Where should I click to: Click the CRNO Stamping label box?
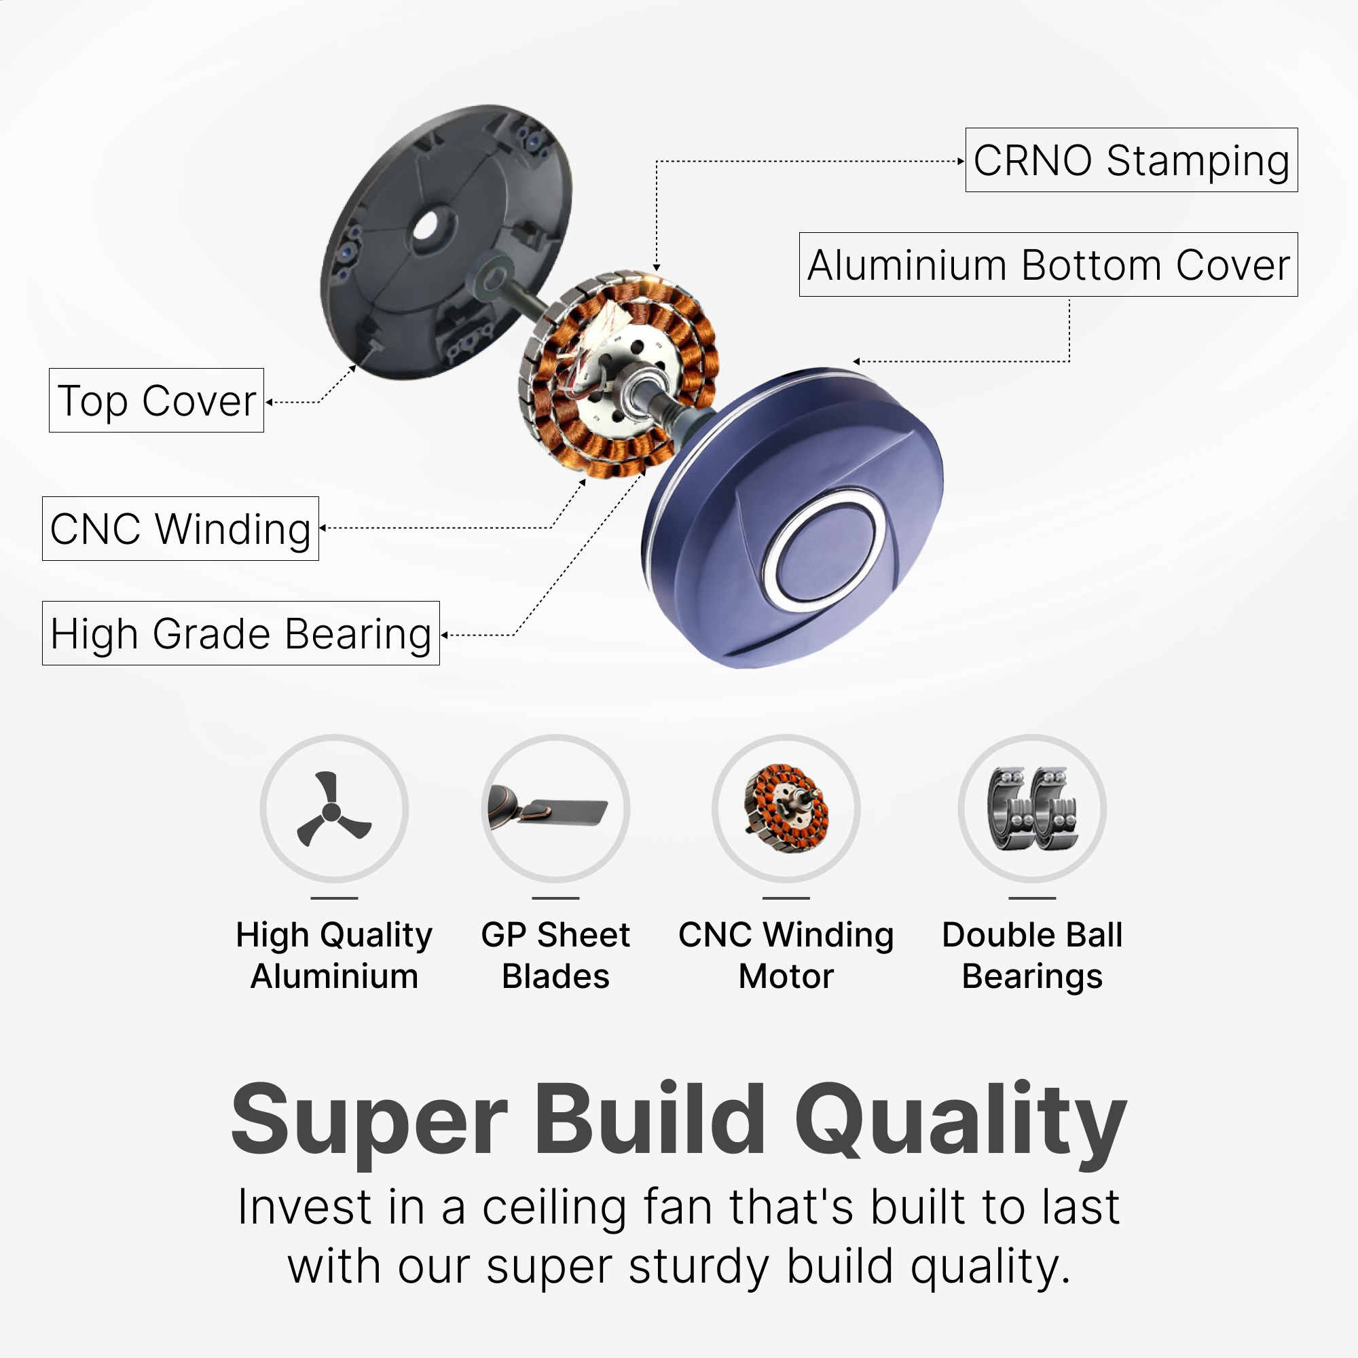pos(1131,160)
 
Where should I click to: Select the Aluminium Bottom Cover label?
pos(1048,264)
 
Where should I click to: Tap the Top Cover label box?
pos(156,400)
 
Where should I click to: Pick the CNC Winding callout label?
pos(180,528)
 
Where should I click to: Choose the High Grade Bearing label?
pos(240,634)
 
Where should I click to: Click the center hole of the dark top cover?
pos(426,226)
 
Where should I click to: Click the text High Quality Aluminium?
pos(334,955)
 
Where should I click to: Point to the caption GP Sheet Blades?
pos(555,955)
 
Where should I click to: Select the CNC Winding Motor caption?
pos(786,955)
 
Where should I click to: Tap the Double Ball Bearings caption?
pos(1032,955)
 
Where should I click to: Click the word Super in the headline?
pos(369,1122)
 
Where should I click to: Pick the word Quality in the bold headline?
pos(961,1122)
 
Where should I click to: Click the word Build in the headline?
pos(650,1118)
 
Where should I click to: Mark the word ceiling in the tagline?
pos(554,1207)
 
